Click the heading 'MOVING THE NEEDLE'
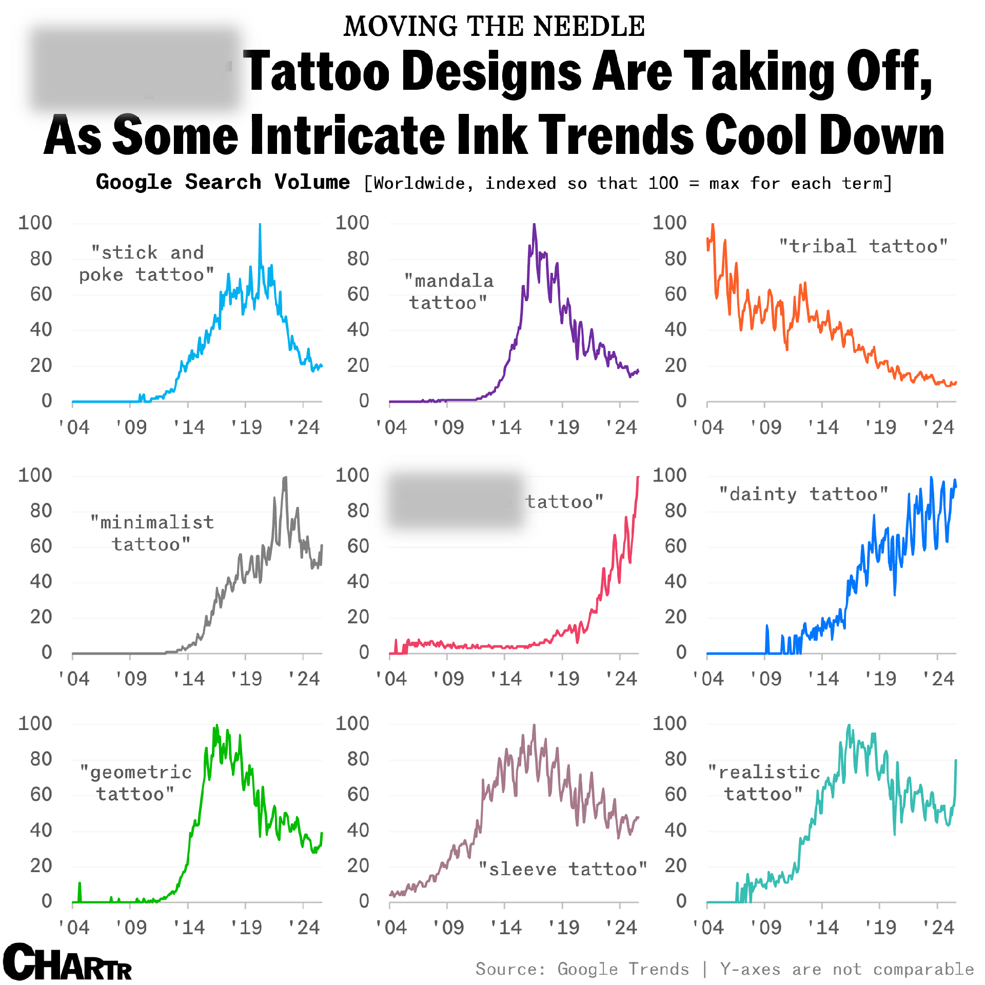(x=494, y=27)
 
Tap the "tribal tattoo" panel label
(x=863, y=246)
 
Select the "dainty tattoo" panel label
(x=803, y=494)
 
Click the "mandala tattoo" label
(x=449, y=292)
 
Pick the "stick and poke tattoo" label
(x=147, y=264)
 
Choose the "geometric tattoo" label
(x=136, y=783)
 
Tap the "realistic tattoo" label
(x=764, y=783)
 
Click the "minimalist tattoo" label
(x=152, y=533)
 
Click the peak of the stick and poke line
(x=260, y=225)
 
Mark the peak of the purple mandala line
(x=534, y=225)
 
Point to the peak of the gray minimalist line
(x=285, y=478)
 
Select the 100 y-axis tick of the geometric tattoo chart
(x=35, y=723)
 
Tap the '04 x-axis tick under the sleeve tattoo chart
(x=391, y=928)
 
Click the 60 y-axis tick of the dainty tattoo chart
(x=675, y=546)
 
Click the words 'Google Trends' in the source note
(x=623, y=969)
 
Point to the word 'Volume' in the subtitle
(x=312, y=182)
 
